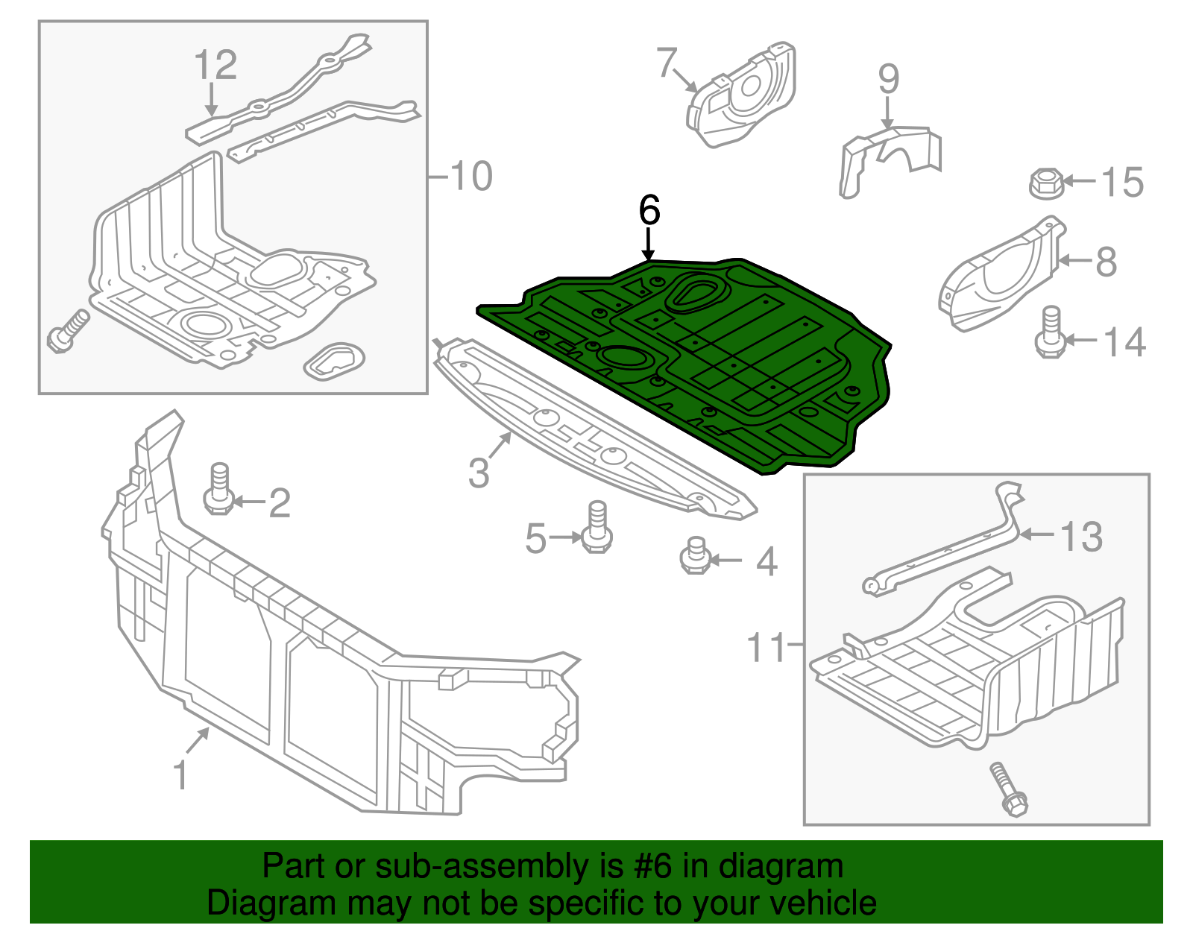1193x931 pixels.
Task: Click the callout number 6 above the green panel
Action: (x=649, y=211)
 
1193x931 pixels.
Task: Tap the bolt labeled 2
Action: (x=219, y=489)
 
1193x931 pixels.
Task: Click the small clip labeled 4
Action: (x=695, y=556)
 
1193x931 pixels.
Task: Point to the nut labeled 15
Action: (x=1045, y=182)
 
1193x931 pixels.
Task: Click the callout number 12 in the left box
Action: (x=215, y=65)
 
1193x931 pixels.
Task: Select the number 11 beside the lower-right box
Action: (x=767, y=647)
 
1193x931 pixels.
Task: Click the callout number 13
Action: (x=1081, y=536)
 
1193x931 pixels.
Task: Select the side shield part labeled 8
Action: (x=999, y=277)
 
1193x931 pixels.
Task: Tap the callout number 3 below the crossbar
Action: (x=479, y=472)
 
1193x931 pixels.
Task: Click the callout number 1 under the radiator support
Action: (x=180, y=775)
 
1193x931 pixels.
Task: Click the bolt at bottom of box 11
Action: (x=1009, y=789)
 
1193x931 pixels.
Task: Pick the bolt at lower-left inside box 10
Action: (x=67, y=332)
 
